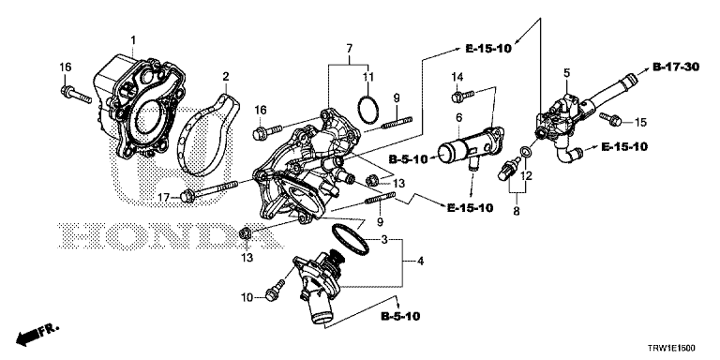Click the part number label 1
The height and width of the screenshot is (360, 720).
(133, 39)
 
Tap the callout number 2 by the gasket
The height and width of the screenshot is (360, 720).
(225, 75)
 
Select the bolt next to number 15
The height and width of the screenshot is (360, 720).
(607, 118)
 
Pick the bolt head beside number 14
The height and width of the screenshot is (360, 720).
(457, 95)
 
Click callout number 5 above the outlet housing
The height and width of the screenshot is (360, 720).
(566, 72)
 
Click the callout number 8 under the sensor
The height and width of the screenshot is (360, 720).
(514, 213)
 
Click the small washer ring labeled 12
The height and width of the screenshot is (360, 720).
(528, 151)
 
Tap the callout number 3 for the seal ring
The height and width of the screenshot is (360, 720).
(382, 241)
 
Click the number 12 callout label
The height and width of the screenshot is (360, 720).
(526, 177)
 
